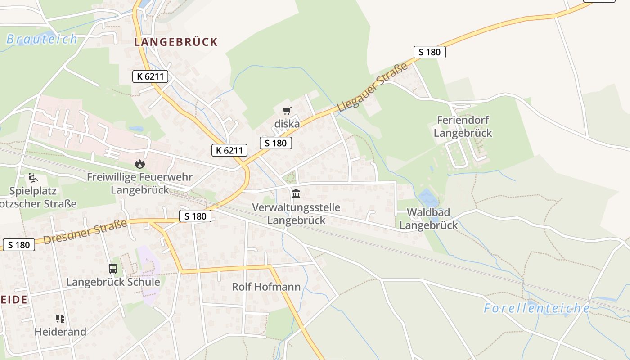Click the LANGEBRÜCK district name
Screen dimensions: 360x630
(176, 42)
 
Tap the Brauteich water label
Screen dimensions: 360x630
(42, 39)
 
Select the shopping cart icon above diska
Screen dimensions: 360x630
(287, 111)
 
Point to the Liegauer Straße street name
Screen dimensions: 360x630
(372, 88)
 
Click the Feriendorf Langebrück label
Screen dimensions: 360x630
(463, 126)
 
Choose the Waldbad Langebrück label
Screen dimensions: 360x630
(428, 219)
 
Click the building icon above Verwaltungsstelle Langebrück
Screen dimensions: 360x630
(296, 194)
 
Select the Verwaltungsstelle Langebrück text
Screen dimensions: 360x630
(296, 214)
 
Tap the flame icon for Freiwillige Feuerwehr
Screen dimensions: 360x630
(139, 164)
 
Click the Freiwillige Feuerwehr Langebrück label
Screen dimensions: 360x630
(139, 183)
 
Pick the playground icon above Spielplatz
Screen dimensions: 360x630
(33, 178)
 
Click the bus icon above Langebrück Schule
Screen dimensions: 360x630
(113, 269)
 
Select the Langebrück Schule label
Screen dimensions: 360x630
(113, 282)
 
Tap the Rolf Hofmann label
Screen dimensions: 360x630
(266, 287)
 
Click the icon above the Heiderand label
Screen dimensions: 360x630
(60, 319)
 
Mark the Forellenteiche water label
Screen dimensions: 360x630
(536, 308)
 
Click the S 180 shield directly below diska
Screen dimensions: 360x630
(276, 143)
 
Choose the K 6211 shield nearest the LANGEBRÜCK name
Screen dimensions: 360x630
(150, 76)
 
